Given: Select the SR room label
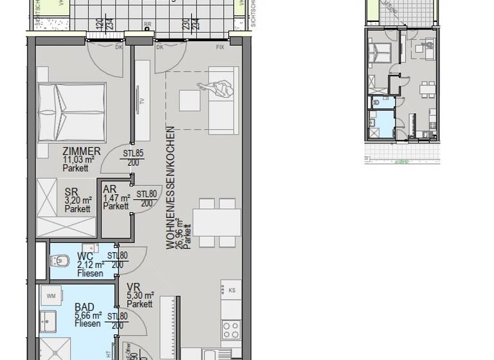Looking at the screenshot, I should tap(71, 191).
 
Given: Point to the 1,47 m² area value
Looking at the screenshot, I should tap(116, 199).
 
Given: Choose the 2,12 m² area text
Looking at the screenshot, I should tap(89, 264).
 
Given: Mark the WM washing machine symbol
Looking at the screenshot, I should tap(51, 296).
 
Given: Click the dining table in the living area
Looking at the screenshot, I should tap(217, 222).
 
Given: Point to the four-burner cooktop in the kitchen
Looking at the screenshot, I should tap(230, 330).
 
